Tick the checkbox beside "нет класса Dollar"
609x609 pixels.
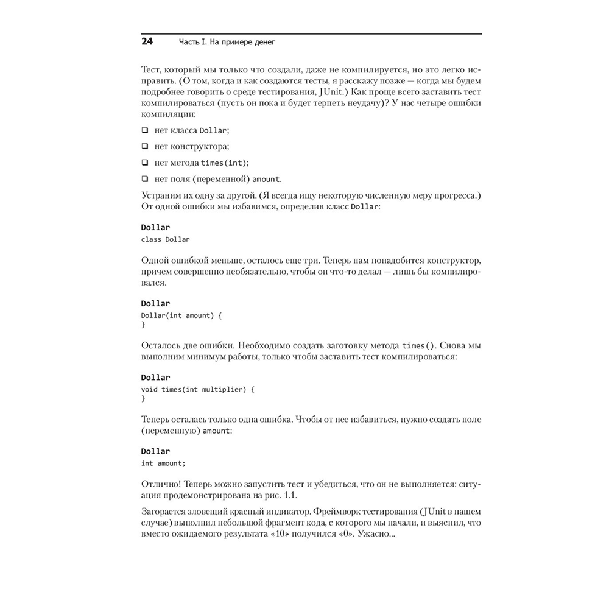click(145, 130)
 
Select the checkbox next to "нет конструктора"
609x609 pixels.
click(145, 146)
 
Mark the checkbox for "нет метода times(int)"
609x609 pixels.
click(145, 163)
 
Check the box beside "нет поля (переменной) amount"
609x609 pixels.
click(145, 179)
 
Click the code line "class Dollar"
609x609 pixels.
click(165, 239)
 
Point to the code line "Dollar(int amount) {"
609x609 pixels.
click(181, 315)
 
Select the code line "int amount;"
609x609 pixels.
click(163, 463)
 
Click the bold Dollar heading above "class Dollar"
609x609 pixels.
click(155, 228)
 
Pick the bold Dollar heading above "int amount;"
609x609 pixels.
click(155, 451)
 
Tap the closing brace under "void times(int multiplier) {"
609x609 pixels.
click(143, 398)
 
